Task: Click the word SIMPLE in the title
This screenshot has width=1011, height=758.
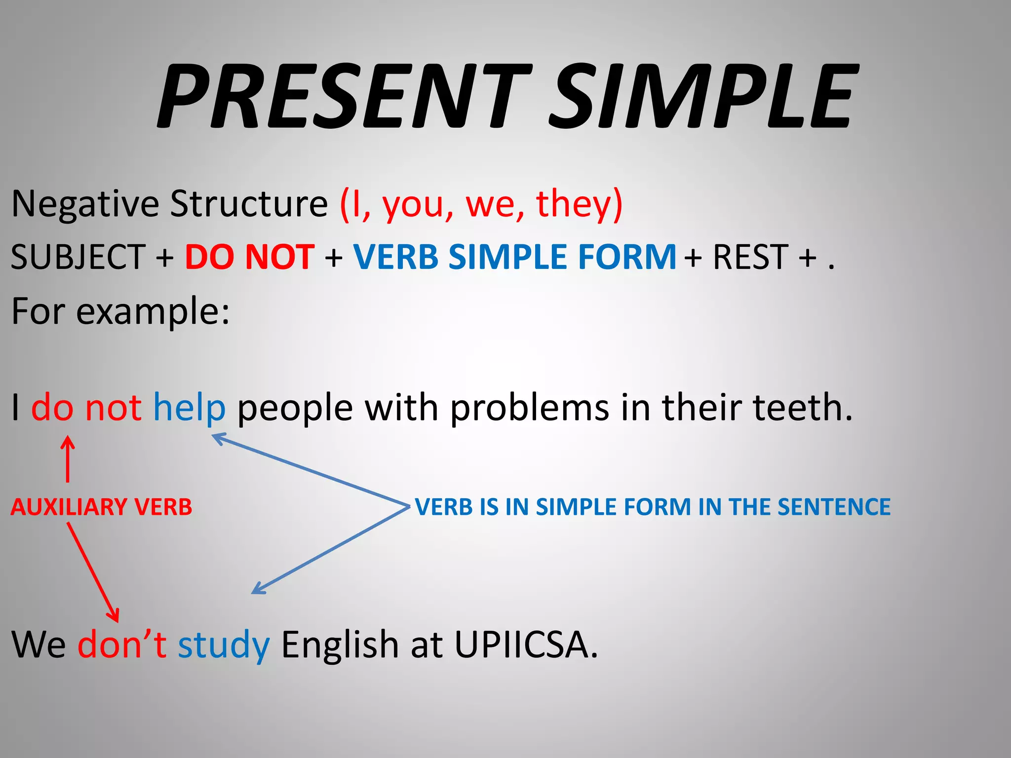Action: pyautogui.click(x=701, y=96)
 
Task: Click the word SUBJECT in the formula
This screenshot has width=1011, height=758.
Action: pyautogui.click(x=78, y=257)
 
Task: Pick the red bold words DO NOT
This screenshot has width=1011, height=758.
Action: pyautogui.click(x=250, y=257)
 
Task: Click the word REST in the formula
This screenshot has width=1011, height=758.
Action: pyautogui.click(x=750, y=257)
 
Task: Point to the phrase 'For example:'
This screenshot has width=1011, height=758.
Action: pyautogui.click(x=120, y=311)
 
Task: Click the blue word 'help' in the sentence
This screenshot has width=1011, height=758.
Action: pyautogui.click(x=189, y=408)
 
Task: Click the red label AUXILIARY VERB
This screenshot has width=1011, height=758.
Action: pyautogui.click(x=101, y=507)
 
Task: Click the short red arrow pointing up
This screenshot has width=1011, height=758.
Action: pyautogui.click(x=68, y=459)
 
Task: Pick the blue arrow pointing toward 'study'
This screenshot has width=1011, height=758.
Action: pyautogui.click(x=331, y=549)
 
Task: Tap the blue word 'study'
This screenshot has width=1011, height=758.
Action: pyautogui.click(x=224, y=645)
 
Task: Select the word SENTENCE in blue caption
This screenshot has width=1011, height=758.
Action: pyautogui.click(x=834, y=507)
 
